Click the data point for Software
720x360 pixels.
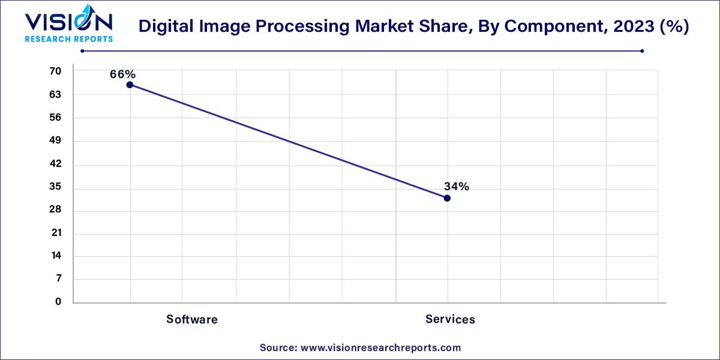(130, 85)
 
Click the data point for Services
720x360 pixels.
(447, 198)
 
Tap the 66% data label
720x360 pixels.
(122, 74)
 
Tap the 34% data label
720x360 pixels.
(456, 187)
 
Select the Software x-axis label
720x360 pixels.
(192, 319)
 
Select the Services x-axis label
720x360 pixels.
(450, 319)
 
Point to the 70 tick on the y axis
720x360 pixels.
(55, 71)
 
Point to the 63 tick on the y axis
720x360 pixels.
(55, 95)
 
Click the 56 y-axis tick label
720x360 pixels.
(55, 118)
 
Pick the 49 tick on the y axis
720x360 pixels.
(55, 141)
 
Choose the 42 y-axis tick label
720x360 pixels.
(55, 164)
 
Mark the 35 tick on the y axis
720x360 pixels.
(55, 187)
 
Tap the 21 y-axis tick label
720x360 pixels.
(55, 233)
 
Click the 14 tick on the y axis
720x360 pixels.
(55, 256)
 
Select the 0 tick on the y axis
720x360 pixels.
(58, 302)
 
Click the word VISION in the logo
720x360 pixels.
(68, 23)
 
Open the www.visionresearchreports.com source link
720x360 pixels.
(380, 347)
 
